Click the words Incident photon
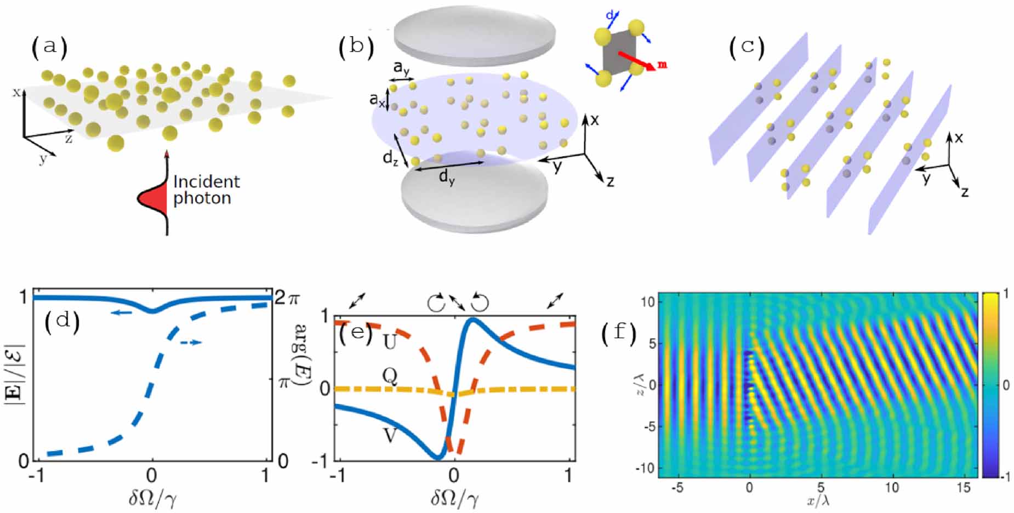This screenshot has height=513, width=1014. coord(206,190)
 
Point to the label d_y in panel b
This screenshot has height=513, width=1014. coord(447,179)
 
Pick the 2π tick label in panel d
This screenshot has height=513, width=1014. coord(287,298)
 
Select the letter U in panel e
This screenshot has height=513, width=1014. coord(390,343)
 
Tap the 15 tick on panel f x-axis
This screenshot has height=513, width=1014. coord(964,487)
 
